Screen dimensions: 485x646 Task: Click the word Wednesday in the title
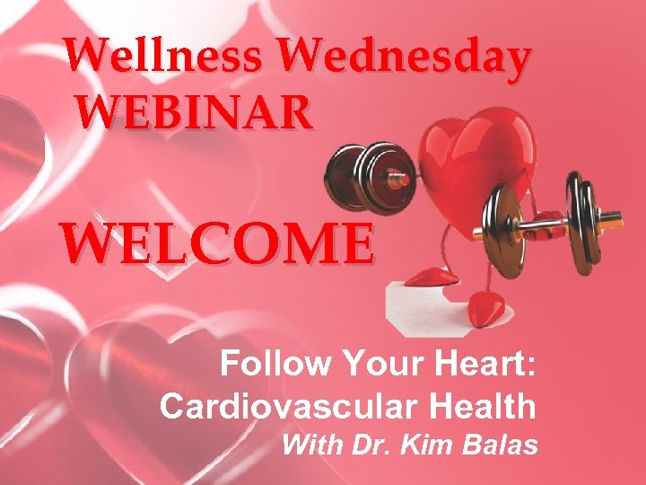403,57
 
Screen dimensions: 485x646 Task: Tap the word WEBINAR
195,113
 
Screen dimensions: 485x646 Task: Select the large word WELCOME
215,242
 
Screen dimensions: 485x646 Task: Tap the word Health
484,407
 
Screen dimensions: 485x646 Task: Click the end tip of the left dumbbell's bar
405,180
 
